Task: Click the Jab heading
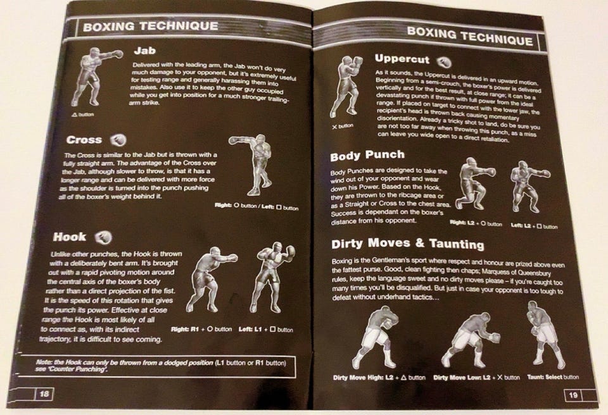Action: [x=145, y=51]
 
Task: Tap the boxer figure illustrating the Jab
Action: [x=96, y=77]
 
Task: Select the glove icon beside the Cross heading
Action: [x=118, y=140]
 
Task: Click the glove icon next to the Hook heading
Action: [x=103, y=237]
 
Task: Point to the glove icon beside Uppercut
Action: [x=443, y=61]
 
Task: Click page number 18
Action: [x=44, y=394]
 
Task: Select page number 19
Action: [x=573, y=395]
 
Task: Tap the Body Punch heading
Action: [x=367, y=156]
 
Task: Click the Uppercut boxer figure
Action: [x=347, y=86]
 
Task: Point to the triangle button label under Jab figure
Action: [x=82, y=115]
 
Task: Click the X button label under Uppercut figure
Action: [x=343, y=127]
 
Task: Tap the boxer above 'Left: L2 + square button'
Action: [x=531, y=186]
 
